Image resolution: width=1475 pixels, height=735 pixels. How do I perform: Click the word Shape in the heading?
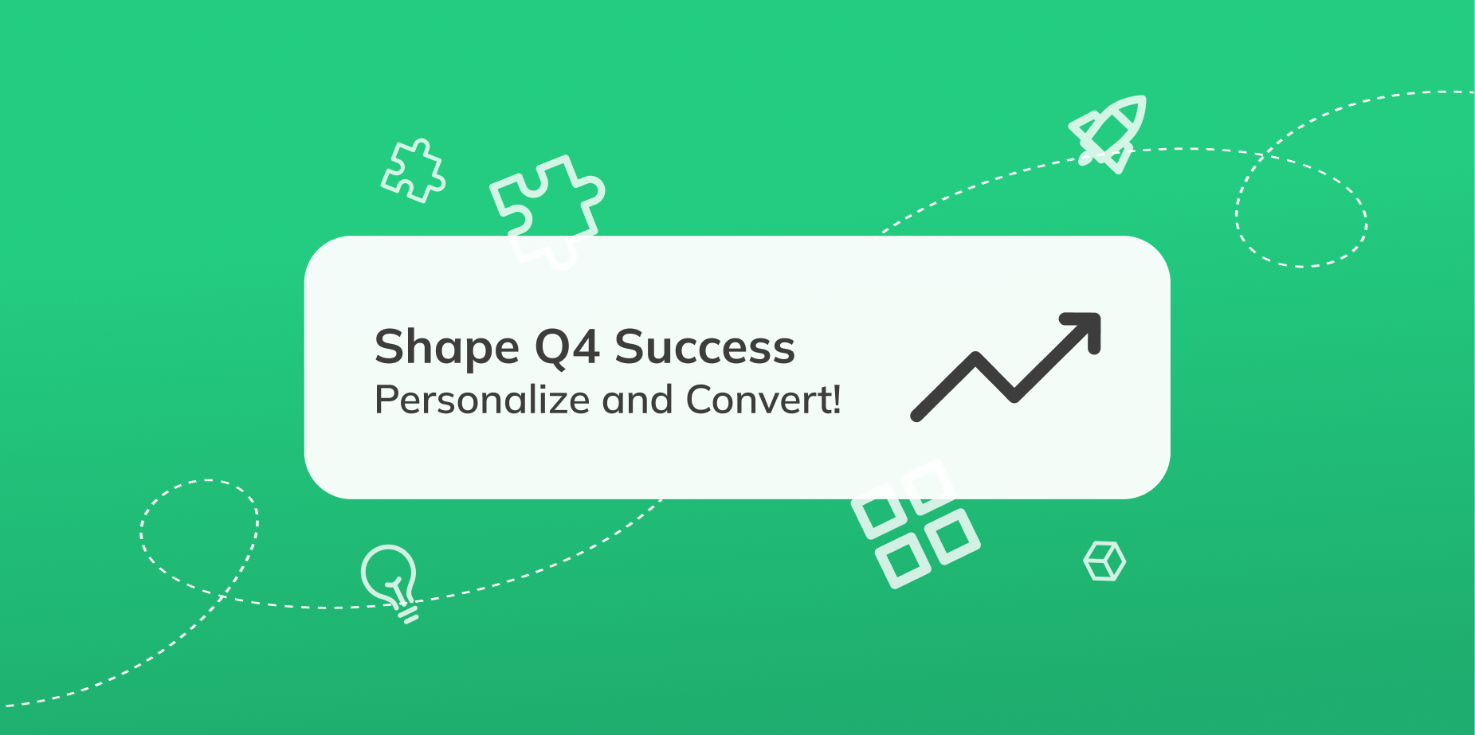(447, 348)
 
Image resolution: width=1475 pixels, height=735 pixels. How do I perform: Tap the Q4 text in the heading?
(567, 348)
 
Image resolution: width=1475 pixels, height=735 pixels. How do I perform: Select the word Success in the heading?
(704, 347)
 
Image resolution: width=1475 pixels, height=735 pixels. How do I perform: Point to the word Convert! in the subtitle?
(763, 400)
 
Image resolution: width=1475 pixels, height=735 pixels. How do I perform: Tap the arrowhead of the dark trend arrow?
(1085, 327)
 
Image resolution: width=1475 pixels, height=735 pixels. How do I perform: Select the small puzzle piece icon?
(413, 170)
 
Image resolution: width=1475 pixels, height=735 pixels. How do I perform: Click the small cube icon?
(1104, 561)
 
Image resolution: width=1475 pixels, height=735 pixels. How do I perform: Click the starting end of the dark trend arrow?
(916, 415)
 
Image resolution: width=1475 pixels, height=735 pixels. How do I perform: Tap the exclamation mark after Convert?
(836, 399)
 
